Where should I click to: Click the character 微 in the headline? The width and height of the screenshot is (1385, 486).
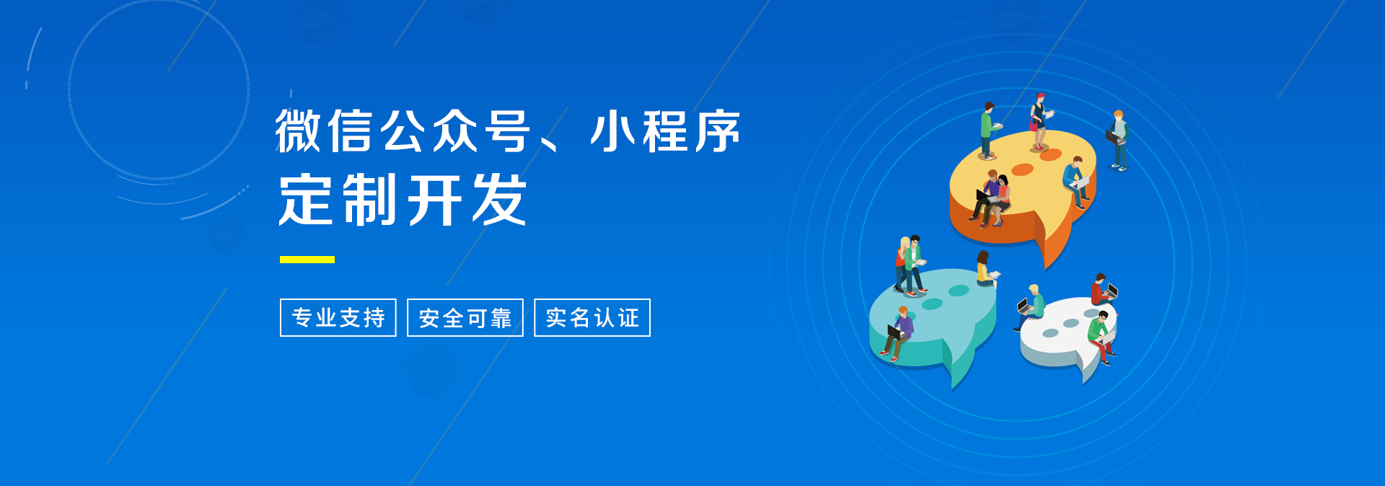coord(297,131)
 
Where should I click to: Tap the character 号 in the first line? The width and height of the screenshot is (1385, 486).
coord(507,131)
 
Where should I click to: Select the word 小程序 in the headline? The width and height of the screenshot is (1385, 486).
coord(665,131)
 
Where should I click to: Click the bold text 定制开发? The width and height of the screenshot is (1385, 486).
coord(403,200)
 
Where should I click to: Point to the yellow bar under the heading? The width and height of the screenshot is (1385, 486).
coord(307,260)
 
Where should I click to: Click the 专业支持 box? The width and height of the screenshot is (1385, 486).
coord(338,317)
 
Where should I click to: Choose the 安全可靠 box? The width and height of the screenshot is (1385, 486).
coord(465,317)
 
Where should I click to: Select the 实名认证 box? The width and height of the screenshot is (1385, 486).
coord(592,317)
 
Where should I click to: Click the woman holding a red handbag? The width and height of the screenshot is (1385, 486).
coord(1039,121)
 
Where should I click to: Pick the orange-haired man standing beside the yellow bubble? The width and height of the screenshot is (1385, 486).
coord(1118,140)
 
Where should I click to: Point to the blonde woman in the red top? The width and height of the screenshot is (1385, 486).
coord(902,264)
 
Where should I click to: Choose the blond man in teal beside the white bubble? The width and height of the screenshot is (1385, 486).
coord(1031,306)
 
